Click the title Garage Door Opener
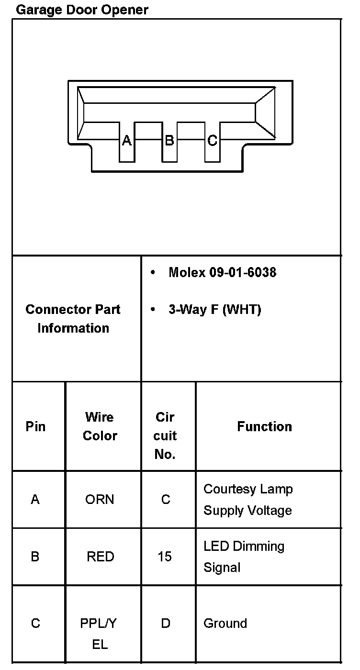pyautogui.click(x=82, y=10)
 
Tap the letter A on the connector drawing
pyautogui.click(x=126, y=140)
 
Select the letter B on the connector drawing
pyautogui.click(x=169, y=140)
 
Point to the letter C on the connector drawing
pyautogui.click(x=213, y=140)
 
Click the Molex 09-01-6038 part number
pyautogui.click(x=222, y=273)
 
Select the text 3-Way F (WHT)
pyautogui.click(x=214, y=310)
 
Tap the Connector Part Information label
pyautogui.click(x=73, y=319)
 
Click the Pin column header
pyautogui.click(x=35, y=426)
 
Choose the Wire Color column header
pyautogui.click(x=100, y=426)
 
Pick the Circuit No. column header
pyautogui.click(x=166, y=435)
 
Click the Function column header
pyautogui.click(x=264, y=426)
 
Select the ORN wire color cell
pyautogui.click(x=100, y=500)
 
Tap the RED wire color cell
pyautogui.click(x=100, y=557)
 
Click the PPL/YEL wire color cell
pyautogui.click(x=99, y=634)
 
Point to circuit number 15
pyautogui.click(x=165, y=557)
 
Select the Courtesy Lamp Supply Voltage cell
pyautogui.click(x=247, y=500)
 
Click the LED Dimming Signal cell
pyautogui.click(x=244, y=557)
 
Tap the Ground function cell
pyautogui.click(x=225, y=624)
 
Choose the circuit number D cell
pyautogui.click(x=166, y=624)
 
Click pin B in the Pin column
pyautogui.click(x=35, y=557)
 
